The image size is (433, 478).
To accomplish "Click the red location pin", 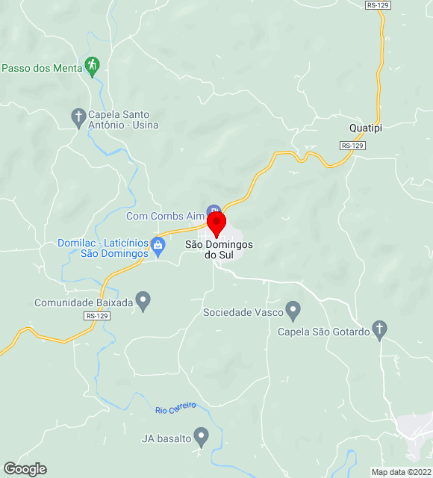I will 216,223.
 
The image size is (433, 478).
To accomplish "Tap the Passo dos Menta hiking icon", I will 92,66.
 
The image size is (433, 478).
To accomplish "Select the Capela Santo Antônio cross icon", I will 78,117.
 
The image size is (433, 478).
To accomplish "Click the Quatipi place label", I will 366,128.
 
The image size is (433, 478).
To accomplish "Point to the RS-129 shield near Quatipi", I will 352,146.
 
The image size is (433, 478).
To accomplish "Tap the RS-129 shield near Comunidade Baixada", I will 96,316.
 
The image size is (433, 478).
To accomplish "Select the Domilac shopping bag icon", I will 158,244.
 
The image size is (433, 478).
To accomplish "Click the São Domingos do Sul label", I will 219,249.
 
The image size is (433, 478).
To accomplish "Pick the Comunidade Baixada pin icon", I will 144,301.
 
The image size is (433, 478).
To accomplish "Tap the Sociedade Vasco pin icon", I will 293,309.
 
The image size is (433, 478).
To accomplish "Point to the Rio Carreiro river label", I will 175,408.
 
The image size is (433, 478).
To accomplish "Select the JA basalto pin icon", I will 201,435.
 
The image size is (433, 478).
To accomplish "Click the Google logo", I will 25,468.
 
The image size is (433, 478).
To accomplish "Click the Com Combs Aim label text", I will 165,217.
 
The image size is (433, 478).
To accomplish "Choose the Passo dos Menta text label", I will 42,68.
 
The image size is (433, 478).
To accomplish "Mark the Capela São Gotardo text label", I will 324,332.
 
